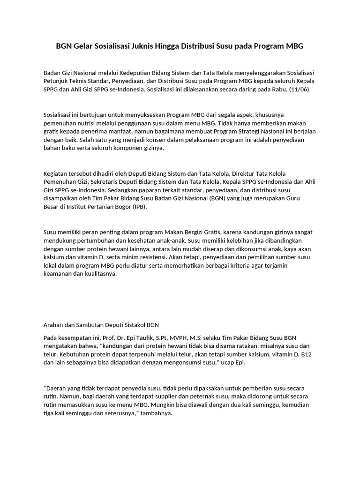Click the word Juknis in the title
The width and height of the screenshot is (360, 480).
[x=141, y=46]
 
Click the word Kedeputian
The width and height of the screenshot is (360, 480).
[x=136, y=73]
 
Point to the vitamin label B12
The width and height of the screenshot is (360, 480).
[x=305, y=355]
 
